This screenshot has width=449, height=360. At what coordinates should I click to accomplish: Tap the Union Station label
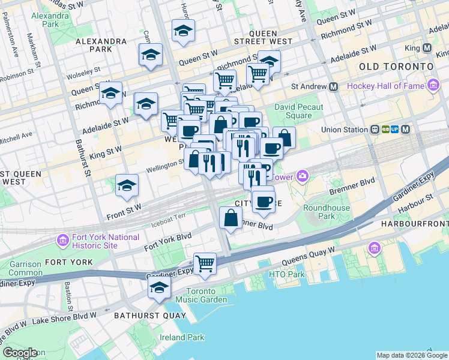tap(345, 129)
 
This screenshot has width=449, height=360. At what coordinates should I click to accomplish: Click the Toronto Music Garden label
tap(202, 295)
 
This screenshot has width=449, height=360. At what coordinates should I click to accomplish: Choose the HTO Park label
tap(287, 274)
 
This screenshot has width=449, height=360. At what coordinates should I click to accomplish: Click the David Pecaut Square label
tap(298, 111)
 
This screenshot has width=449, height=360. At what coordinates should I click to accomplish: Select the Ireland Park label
tap(178, 337)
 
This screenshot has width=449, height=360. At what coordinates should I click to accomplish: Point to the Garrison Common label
tap(25, 268)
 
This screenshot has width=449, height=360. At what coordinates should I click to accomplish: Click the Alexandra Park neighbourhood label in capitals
tap(101, 41)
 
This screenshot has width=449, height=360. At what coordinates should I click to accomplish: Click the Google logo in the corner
tap(20, 353)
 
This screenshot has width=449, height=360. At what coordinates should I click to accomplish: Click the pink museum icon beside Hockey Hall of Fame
tap(432, 86)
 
